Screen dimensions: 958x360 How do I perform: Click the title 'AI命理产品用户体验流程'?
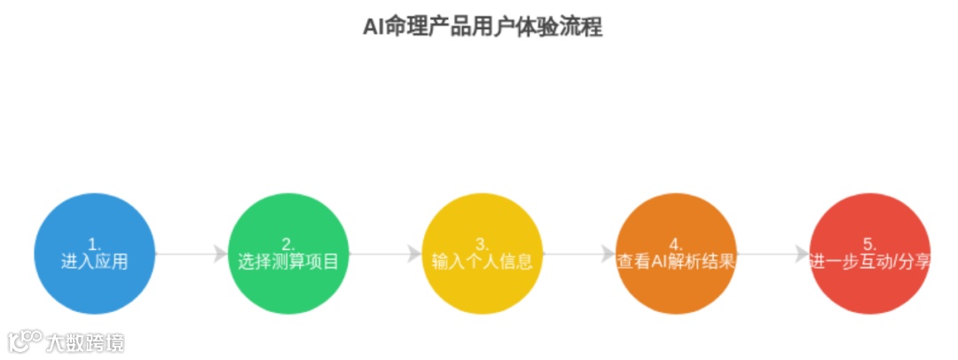483,27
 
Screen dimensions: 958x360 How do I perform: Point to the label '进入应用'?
94,262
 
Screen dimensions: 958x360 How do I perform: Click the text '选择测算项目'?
288,262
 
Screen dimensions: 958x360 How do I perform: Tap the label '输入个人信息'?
482,262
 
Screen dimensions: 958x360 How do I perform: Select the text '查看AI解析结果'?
676,262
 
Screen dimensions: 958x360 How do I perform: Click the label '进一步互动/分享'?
870,262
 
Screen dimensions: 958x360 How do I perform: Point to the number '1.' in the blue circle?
94,244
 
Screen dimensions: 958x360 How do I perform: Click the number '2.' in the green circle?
288,244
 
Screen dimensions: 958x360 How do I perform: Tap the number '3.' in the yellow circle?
482,244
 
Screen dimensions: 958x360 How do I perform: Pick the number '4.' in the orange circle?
676,244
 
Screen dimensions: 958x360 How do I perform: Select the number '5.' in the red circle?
870,244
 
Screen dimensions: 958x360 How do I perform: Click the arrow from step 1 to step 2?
191,254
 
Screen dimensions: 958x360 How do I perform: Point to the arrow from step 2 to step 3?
385,254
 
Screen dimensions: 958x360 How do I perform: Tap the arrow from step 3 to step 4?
578,254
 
